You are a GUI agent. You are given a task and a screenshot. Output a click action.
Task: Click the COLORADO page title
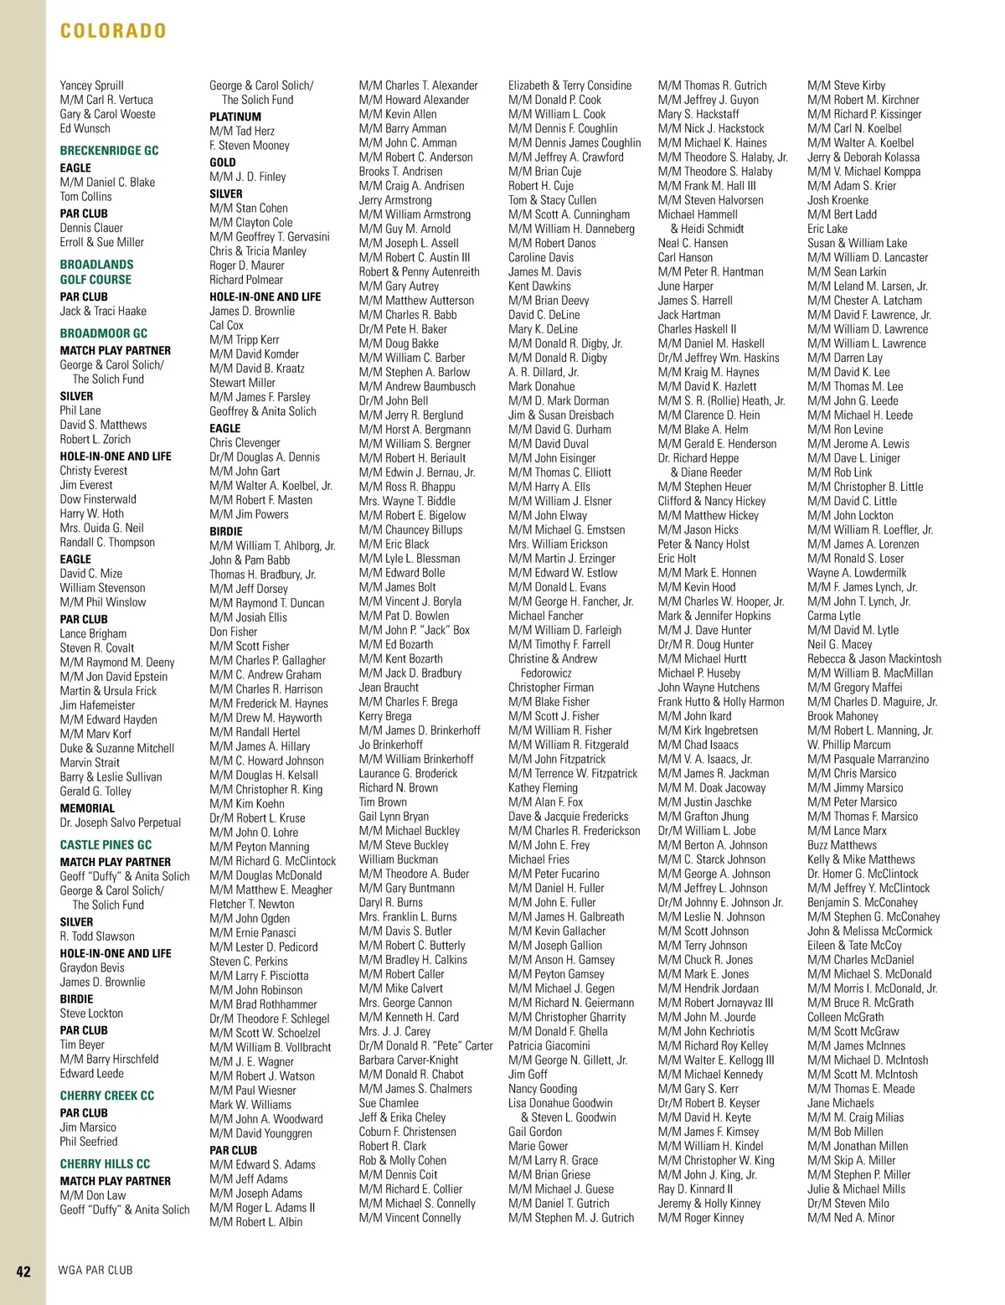point(113,31)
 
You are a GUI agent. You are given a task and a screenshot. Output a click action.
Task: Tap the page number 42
point(23,1271)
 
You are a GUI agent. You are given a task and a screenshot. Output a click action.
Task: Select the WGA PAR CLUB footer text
point(95,1270)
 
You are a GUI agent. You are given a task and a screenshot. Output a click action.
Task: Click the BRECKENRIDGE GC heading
point(109,151)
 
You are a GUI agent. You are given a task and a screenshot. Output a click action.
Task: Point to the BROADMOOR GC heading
point(103,333)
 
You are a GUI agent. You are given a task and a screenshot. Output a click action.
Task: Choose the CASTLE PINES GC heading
point(106,844)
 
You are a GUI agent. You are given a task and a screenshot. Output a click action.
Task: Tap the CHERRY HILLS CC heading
point(105,1163)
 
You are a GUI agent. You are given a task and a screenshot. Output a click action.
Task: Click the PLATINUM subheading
point(235,116)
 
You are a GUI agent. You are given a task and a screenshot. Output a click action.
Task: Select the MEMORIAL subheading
point(87,807)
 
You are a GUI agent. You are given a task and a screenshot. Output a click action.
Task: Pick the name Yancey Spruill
point(91,85)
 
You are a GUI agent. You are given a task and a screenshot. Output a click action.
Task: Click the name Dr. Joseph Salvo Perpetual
point(120,823)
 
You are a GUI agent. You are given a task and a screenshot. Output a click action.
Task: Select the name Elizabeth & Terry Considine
point(569,85)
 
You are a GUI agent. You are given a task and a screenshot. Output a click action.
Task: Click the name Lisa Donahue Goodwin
point(560,1102)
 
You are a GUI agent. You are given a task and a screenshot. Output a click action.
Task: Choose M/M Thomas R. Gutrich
point(712,85)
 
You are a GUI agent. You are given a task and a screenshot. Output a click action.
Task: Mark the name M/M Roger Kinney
point(700,1217)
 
